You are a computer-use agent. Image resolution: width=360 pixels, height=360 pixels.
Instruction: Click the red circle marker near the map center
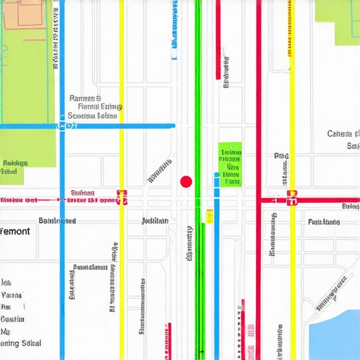coord(186,181)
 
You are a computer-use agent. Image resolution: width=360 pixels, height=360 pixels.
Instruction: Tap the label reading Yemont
coord(15,231)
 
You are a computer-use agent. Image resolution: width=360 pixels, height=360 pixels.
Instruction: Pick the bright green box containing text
coord(230,164)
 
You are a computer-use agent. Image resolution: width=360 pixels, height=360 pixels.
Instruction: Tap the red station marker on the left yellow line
coord(122,198)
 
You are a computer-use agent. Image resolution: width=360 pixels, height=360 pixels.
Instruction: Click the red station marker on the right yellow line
coord(292,199)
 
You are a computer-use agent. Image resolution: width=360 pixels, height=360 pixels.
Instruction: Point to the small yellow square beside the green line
coord(209,215)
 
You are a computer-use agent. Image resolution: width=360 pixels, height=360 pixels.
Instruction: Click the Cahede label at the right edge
coord(343,134)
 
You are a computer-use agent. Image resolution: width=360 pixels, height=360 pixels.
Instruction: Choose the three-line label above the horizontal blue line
coord(96,107)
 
